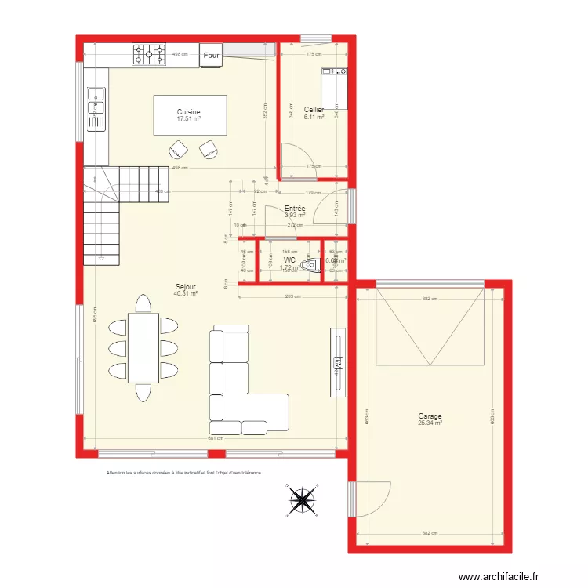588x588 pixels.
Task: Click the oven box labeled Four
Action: [x=211, y=55]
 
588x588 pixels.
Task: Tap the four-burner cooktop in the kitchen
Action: [x=149, y=54]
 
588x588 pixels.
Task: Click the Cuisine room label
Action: [x=188, y=112]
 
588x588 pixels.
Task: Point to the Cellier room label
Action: [x=314, y=110]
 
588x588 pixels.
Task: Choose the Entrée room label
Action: [x=295, y=209]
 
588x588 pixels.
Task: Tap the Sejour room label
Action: [x=185, y=287]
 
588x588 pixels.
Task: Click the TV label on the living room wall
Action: [x=339, y=363]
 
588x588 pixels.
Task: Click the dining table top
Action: [x=143, y=347]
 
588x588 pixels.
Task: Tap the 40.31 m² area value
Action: [x=185, y=294]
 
